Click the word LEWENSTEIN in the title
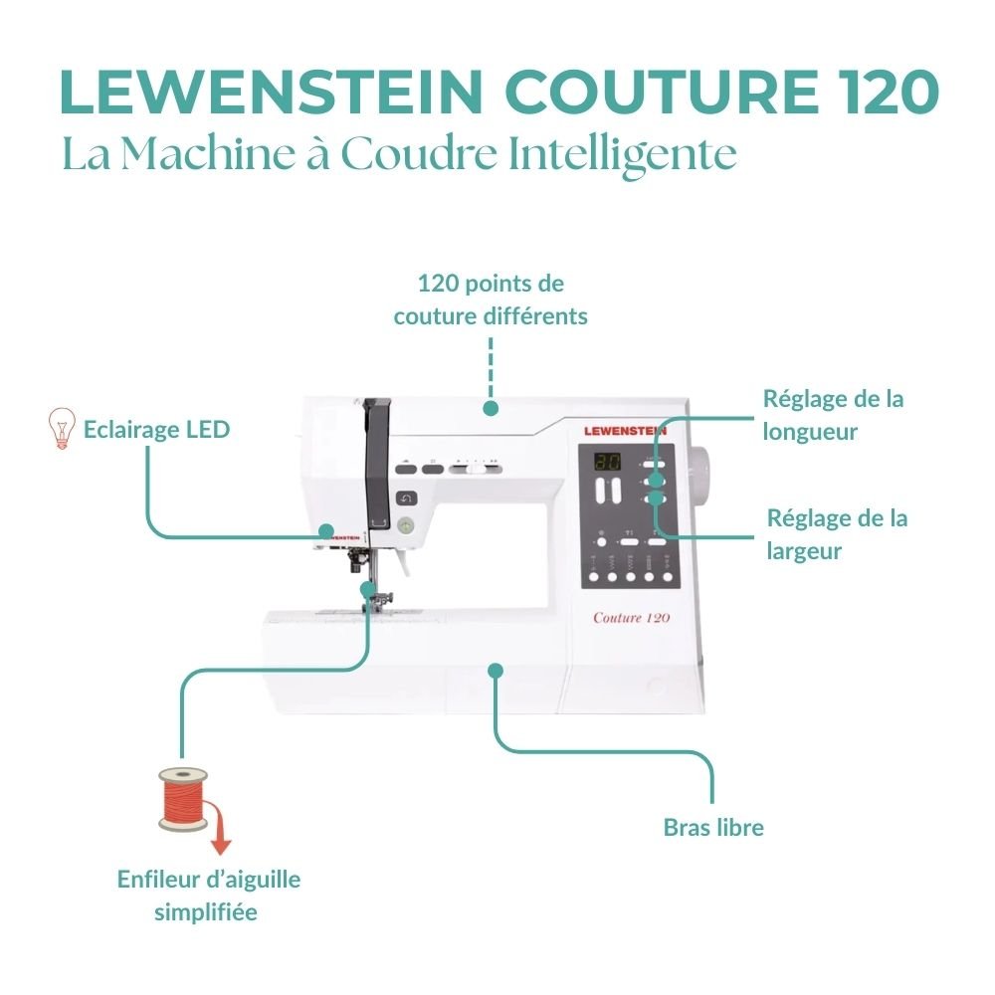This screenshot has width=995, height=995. (268, 93)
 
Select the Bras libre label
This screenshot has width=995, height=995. (713, 827)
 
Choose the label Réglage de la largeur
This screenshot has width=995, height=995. (837, 534)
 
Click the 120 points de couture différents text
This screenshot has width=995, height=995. (491, 299)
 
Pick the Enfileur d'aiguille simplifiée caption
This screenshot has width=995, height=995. (208, 895)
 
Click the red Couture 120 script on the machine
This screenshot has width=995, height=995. (631, 617)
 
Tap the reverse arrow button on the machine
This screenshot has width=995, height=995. (405, 497)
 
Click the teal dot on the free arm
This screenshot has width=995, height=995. (495, 670)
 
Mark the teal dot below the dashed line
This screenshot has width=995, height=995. (490, 407)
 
